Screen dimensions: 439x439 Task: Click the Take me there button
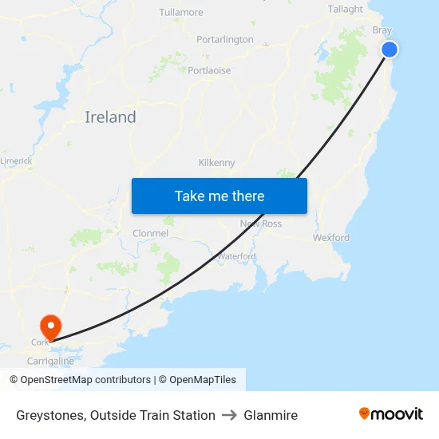pos(219,196)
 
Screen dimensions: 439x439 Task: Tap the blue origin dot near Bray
pos(390,49)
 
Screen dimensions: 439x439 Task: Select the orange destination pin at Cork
pos(50,326)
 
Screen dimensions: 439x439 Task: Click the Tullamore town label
pos(181,13)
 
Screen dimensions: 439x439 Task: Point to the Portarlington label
pos(225,39)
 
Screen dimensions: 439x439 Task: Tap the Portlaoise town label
pos(209,70)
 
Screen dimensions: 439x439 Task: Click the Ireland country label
pos(110,117)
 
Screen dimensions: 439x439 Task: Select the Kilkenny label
pos(216,163)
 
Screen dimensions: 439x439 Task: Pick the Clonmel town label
pos(150,234)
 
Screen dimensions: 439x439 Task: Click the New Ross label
pos(261,223)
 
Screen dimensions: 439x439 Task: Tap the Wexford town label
pos(331,238)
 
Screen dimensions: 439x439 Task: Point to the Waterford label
pos(236,256)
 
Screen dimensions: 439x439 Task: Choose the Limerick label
pos(16,160)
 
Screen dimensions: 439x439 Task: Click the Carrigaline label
pos(51,361)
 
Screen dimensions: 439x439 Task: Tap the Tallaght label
pos(346,10)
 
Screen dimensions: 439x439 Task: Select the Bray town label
pos(382,30)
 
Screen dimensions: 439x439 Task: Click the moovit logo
pos(391,413)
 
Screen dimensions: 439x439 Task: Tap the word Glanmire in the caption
pos(271,415)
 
